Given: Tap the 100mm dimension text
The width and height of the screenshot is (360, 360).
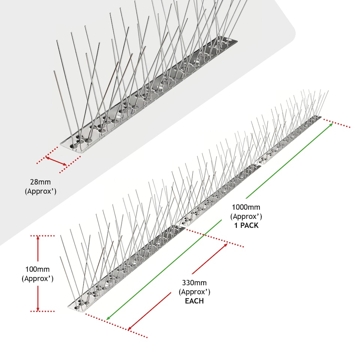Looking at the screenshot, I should [37, 269].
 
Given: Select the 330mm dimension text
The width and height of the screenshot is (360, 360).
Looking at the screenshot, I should [194, 283].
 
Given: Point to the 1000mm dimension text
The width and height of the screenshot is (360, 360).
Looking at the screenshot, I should [246, 207].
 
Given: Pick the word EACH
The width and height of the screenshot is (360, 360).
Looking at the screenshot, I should [194, 301].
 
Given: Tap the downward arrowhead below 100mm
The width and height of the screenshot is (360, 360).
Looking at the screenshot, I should [38, 308].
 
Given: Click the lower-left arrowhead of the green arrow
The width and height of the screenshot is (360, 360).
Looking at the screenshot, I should [108, 318].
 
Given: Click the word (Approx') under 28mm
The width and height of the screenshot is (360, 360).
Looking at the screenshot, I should [40, 191].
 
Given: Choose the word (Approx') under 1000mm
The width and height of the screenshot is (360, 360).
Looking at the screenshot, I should [246, 216].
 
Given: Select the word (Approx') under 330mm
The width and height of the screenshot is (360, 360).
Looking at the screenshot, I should [194, 292].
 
